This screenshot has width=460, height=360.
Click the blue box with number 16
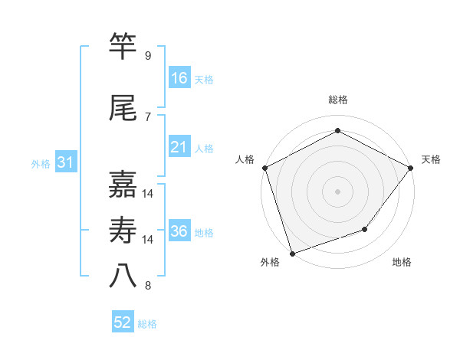point(179,78)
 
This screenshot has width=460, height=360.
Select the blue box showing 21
point(179,147)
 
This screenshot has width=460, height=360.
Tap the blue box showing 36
point(179,231)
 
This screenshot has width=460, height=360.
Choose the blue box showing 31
point(65,162)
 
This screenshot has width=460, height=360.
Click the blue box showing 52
point(123,322)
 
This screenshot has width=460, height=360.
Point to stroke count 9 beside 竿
point(147,56)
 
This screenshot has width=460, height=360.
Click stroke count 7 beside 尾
point(147,117)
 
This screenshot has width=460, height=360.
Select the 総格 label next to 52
point(147,324)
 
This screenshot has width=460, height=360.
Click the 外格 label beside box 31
point(41,164)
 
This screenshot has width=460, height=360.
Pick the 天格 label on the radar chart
point(431,159)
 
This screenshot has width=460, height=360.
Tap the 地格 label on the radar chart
point(402,263)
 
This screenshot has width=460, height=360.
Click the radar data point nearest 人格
point(264,168)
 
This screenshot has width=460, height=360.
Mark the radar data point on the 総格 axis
point(337,131)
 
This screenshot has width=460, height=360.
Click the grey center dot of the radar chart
point(337,191)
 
